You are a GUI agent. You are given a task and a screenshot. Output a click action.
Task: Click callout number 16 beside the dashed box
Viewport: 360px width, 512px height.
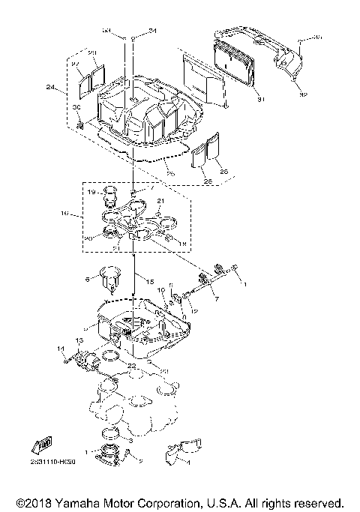65,214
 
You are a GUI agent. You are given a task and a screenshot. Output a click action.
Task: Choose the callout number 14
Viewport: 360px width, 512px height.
61,348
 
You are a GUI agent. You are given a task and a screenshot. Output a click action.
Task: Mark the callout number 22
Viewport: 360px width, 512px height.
132,365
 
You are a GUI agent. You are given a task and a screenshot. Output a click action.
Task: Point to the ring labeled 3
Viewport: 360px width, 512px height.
110,434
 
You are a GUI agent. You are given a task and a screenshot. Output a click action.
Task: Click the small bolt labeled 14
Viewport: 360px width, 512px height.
69,358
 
